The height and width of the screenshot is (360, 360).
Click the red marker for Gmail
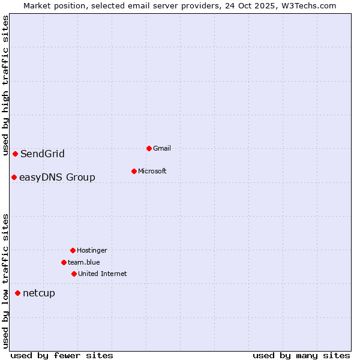point(149,148)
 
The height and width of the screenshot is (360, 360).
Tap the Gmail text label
point(162,148)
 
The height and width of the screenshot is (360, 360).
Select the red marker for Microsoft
point(134,171)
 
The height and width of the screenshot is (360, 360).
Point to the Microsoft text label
point(152,171)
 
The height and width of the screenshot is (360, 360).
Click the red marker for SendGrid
point(15,154)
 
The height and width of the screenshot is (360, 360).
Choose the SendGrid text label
point(42,154)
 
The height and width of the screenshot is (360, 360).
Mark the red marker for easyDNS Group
point(14,177)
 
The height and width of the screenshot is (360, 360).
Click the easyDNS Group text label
point(57,178)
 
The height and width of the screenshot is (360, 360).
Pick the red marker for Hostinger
point(73,250)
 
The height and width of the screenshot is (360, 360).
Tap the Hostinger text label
point(92,250)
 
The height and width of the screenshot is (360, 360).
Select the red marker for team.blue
point(64,262)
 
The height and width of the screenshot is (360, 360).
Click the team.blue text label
point(83,262)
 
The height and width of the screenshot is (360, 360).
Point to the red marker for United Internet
point(74,274)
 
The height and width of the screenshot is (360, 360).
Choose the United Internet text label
point(102,274)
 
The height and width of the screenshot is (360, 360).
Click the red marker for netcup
point(17,293)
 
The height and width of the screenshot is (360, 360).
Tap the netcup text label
point(38,293)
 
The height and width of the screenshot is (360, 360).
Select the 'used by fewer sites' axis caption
point(62,355)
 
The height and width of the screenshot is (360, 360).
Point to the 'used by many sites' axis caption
point(301,355)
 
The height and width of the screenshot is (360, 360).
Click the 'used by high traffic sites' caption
point(6,86)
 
